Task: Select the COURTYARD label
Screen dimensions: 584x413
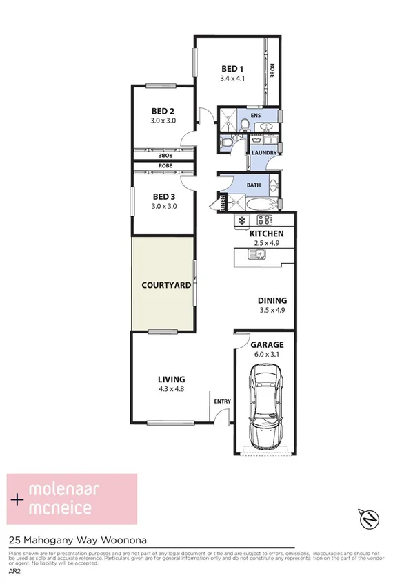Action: point(165,285)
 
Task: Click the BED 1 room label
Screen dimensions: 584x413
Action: point(232,69)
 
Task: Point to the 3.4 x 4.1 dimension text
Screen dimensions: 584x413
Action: point(232,79)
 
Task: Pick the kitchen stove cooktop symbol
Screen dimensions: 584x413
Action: point(265,220)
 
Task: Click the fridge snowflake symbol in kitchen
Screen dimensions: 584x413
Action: point(242,220)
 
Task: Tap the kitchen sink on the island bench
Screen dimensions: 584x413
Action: point(259,255)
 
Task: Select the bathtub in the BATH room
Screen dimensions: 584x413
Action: point(259,204)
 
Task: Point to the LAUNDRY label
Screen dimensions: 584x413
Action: point(264,153)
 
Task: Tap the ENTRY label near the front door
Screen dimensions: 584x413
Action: point(222,401)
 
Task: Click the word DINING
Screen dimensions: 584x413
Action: point(272,301)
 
